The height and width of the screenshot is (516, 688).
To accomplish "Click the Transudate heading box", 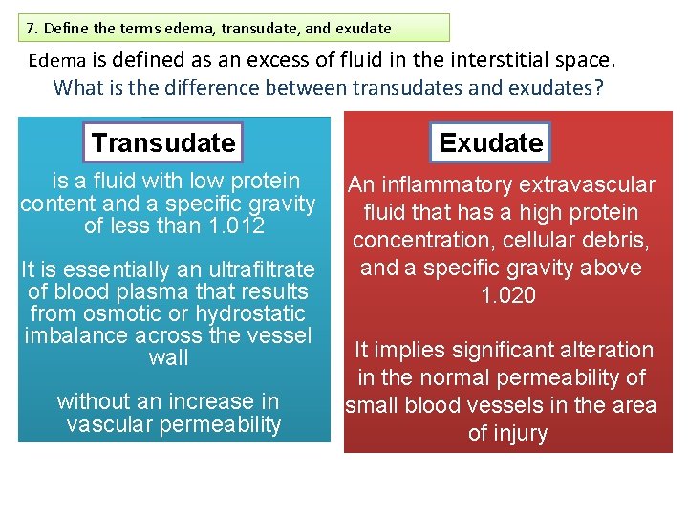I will click(x=162, y=142).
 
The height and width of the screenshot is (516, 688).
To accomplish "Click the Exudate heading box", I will click(x=490, y=142).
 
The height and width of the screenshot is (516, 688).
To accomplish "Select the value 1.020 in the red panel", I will click(x=508, y=295).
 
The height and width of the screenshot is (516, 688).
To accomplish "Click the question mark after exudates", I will click(x=599, y=87).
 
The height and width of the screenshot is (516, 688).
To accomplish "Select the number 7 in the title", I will click(x=32, y=28).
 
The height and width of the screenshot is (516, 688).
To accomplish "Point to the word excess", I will click(x=283, y=60).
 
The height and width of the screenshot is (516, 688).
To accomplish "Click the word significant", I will click(x=489, y=350).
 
